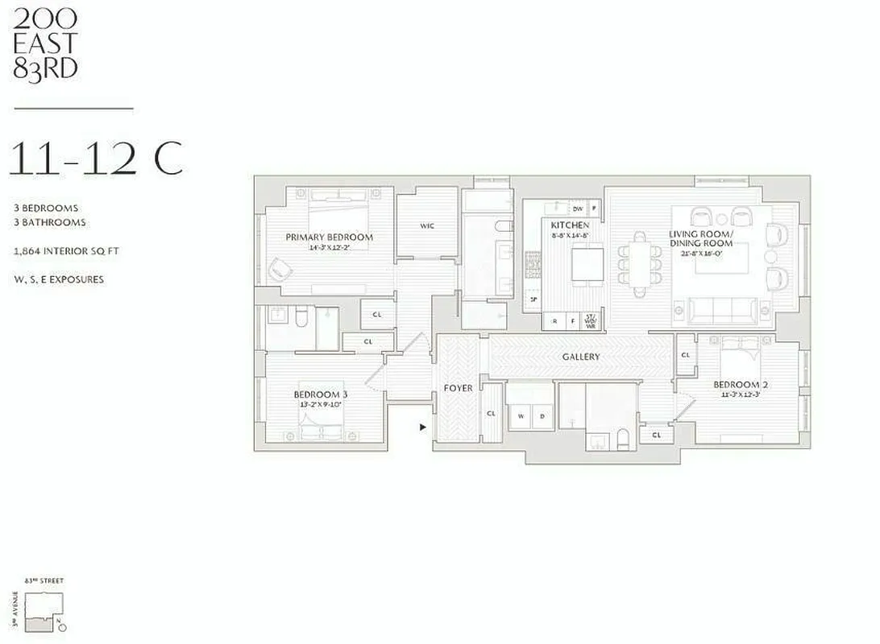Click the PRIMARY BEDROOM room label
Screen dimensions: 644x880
coord(329,237)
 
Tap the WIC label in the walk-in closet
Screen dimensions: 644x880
coord(427,226)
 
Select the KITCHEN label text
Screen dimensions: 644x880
coord(570,225)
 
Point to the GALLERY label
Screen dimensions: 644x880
coord(581,357)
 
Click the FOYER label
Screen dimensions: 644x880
coord(458,388)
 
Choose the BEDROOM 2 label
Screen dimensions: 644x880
coord(740,385)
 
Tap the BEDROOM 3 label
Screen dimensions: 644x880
coord(320,394)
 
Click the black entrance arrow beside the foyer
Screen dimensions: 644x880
coord(422,427)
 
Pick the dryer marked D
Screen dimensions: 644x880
coord(542,416)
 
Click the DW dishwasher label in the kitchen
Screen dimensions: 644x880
coord(577,208)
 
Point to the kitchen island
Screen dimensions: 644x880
coord(587,263)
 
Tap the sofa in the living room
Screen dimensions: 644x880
coord(722,309)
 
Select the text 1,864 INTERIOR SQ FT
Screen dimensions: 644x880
coord(66,251)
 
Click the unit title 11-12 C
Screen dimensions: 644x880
coord(95,159)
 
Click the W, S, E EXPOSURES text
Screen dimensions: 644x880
coord(58,279)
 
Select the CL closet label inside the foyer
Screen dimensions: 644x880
coord(491,413)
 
